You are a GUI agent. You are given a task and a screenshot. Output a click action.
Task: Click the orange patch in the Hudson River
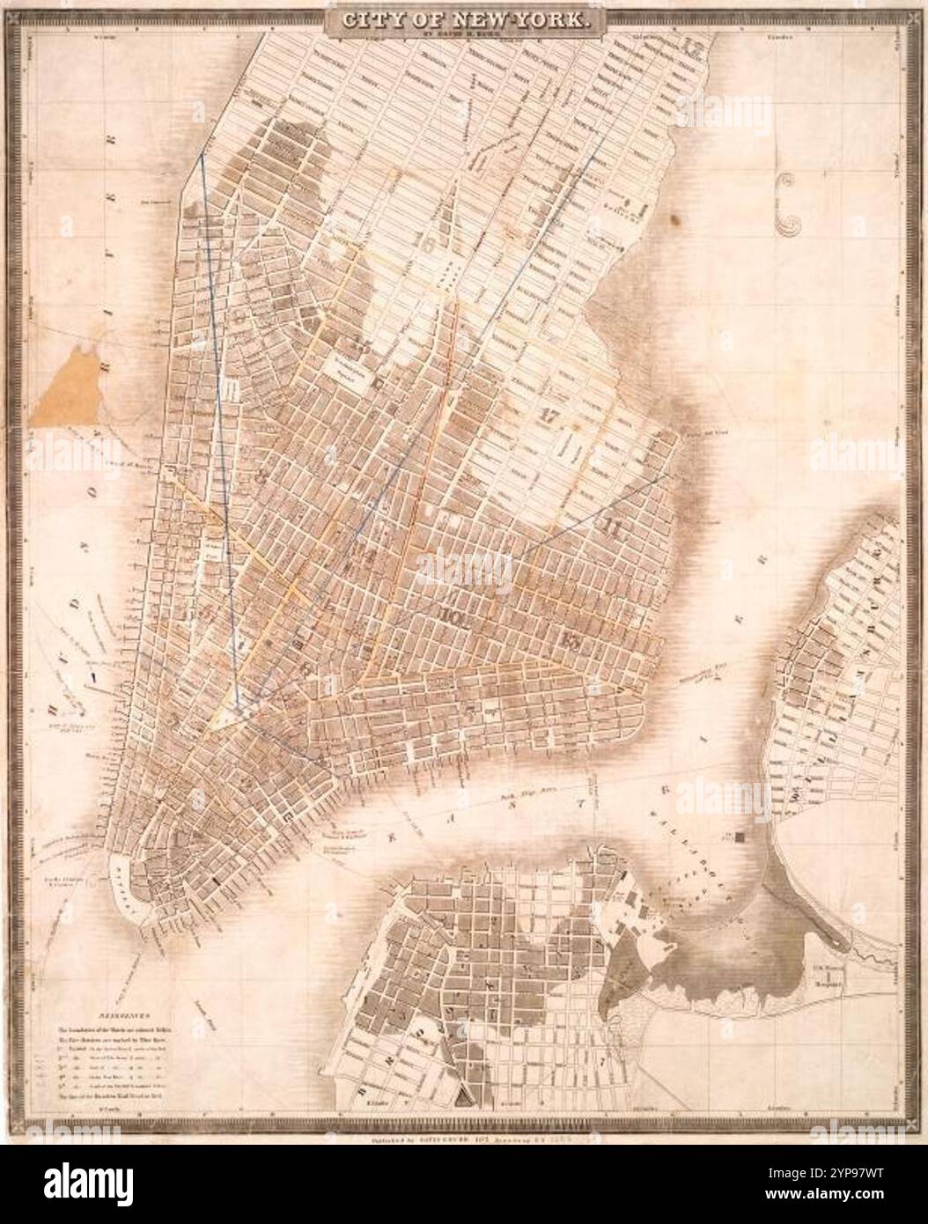pyautogui.click(x=67, y=381)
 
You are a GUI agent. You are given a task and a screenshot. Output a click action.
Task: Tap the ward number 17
pyautogui.click(x=551, y=416)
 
